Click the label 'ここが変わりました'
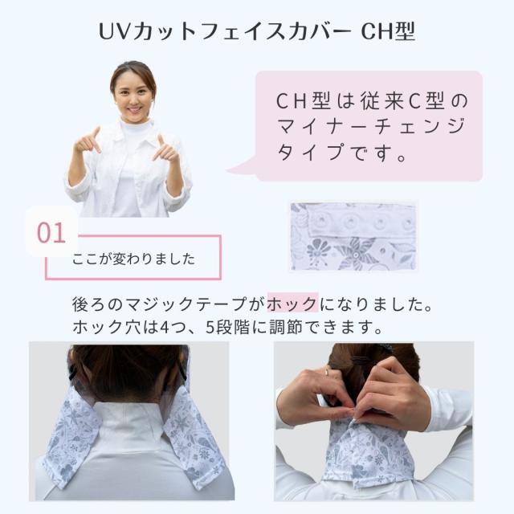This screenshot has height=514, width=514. point(133,259)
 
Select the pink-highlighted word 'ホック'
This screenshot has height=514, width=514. point(292,304)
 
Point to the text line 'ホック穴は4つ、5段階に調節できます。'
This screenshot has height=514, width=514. point(225,328)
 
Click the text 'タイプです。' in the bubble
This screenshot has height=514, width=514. point(342,152)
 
